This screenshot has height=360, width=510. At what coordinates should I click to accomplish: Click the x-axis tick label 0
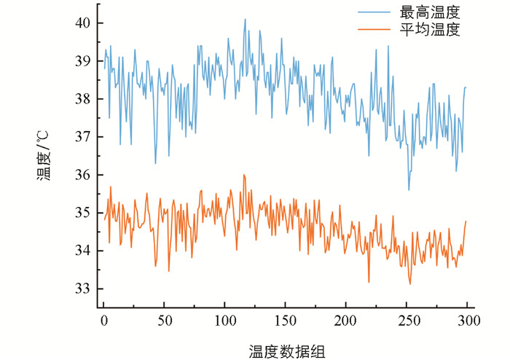103,320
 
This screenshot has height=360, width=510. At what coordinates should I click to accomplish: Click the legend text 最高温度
430,12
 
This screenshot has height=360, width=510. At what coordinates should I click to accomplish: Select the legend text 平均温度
430,30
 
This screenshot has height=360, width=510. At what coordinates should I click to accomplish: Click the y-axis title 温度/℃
44,154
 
